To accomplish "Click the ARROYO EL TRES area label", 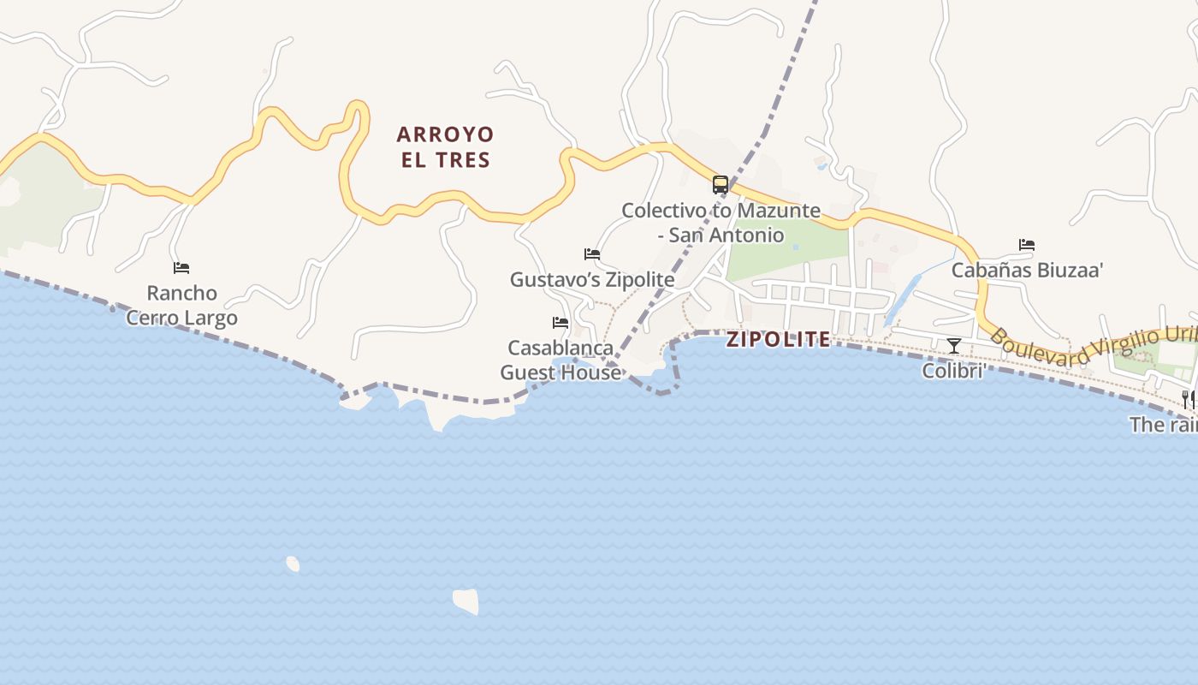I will (x=445, y=146).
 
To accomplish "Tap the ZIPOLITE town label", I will (x=778, y=339).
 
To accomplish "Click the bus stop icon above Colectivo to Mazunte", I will (x=721, y=184).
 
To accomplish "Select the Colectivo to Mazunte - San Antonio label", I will (x=721, y=222).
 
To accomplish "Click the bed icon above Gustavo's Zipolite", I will (x=592, y=254).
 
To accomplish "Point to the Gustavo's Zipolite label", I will (x=592, y=280).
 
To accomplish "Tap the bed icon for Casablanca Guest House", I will (x=560, y=323).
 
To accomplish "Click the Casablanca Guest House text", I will (x=560, y=360).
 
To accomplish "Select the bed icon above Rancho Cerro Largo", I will (x=181, y=268).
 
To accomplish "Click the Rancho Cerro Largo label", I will (x=181, y=305).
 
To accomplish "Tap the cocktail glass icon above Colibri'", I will (x=954, y=346).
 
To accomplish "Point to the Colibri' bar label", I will (x=954, y=371).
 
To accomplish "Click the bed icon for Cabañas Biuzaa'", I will (x=1027, y=245).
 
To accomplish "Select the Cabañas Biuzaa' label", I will (x=1027, y=271).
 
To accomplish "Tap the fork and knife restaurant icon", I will (x=1189, y=399).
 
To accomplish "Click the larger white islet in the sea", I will (x=466, y=601).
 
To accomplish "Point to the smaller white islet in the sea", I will (x=293, y=563).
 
